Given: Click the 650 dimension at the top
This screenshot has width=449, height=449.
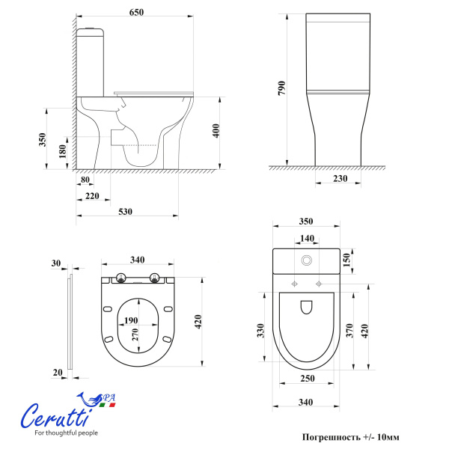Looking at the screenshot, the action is [x=136, y=12].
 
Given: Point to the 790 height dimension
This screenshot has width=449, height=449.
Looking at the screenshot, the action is [x=282, y=88].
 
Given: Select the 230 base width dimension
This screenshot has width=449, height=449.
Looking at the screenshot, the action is [x=340, y=178].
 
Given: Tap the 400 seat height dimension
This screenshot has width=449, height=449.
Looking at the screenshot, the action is [x=216, y=130].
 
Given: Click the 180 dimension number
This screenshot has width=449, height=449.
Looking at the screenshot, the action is [x=62, y=151].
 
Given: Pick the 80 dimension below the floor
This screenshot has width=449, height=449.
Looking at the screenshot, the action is [x=85, y=180].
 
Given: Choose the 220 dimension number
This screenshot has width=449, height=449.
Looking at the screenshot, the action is [x=92, y=196].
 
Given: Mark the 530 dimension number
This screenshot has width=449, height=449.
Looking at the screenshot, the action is [x=126, y=211].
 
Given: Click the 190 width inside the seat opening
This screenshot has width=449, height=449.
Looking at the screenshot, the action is [x=131, y=320].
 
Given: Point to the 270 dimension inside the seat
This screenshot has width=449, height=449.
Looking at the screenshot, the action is [x=135, y=335].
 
